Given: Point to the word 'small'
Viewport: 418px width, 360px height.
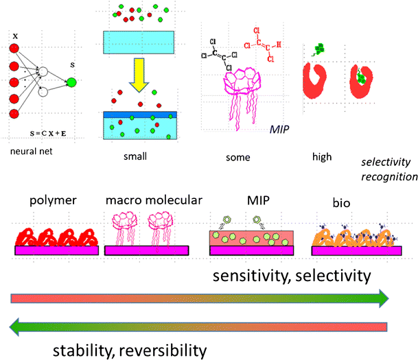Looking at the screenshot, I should [136, 156].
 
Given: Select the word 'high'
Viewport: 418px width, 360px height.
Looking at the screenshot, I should [321, 156].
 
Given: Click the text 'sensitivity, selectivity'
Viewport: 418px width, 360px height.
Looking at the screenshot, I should [292, 275].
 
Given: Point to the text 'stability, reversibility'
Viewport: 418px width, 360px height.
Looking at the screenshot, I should [130, 351].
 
